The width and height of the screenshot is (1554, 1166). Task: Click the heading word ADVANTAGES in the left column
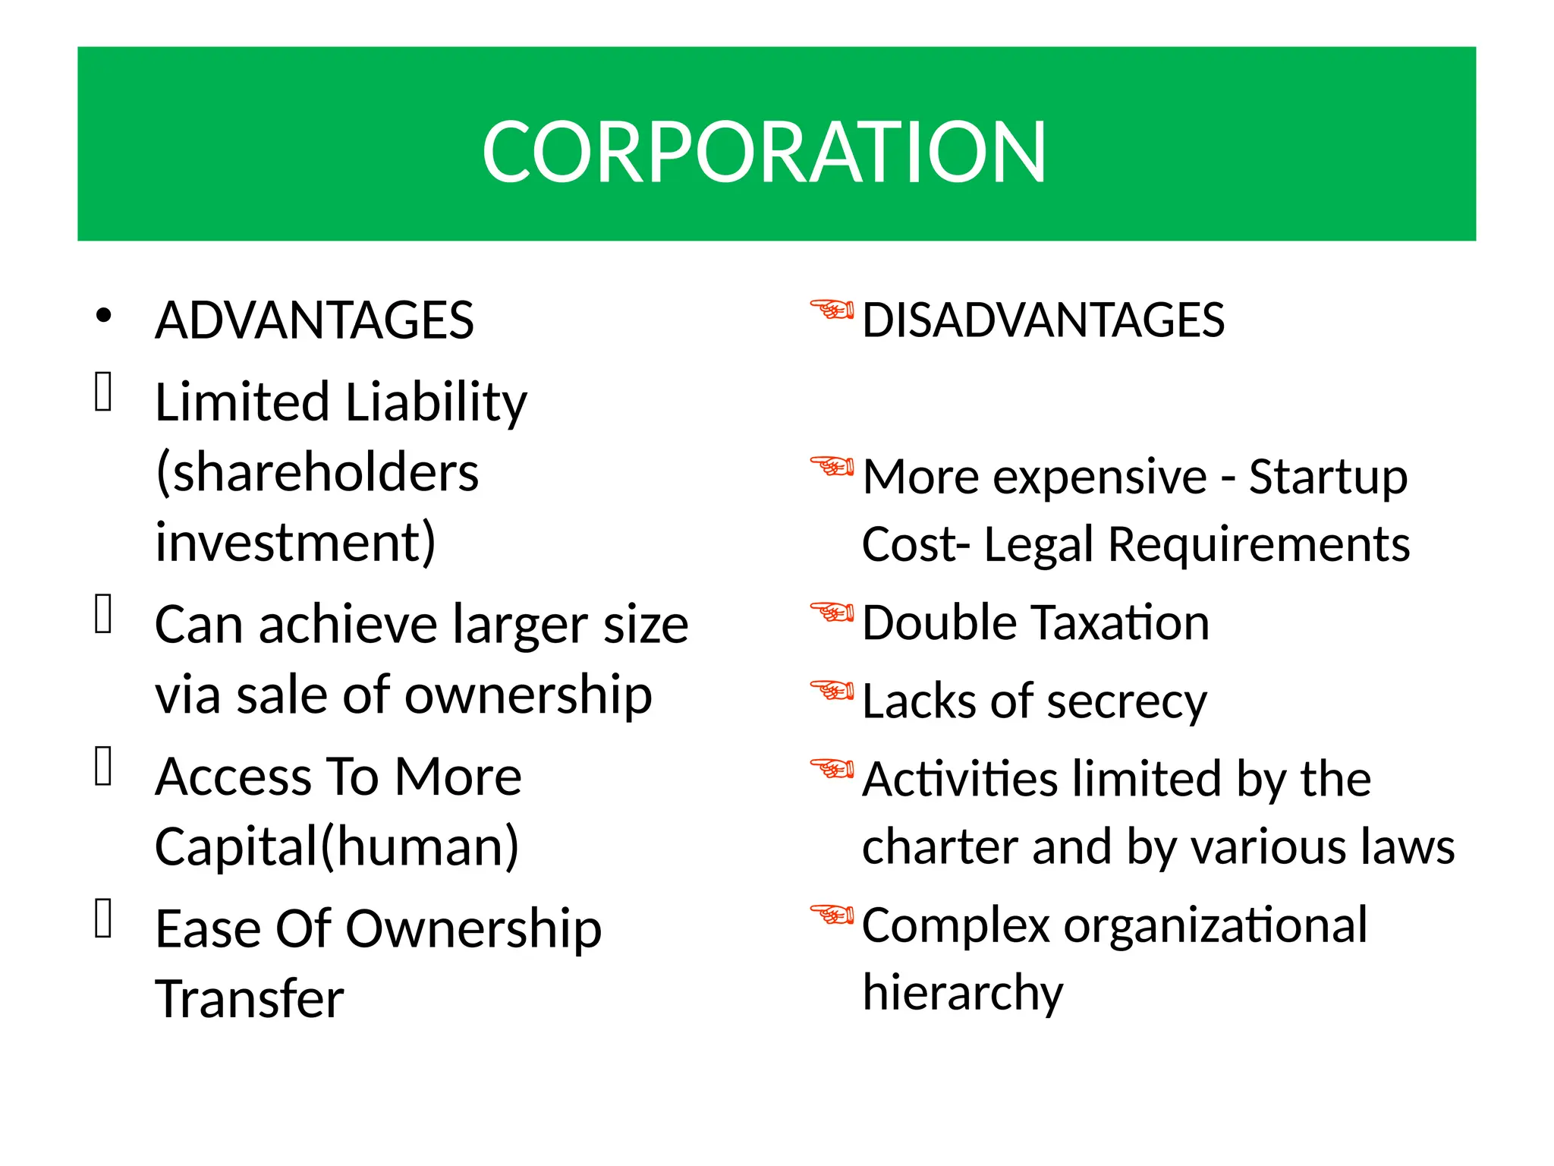click(314, 320)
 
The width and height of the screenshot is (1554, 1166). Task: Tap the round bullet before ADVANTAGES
click(104, 315)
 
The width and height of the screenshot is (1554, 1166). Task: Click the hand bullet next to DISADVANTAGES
click(832, 310)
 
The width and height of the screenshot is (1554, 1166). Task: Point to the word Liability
click(436, 402)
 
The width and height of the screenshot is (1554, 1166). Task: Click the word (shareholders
click(317, 472)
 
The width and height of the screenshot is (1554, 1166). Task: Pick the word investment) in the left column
click(296, 542)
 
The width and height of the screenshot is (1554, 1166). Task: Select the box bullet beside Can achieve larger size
click(104, 613)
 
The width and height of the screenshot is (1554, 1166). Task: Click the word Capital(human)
click(338, 846)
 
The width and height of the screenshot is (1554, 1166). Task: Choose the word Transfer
click(250, 998)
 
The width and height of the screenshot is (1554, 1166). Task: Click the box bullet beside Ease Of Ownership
click(104, 918)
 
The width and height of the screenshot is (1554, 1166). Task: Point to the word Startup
click(1328, 478)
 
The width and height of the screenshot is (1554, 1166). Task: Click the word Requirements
click(1259, 545)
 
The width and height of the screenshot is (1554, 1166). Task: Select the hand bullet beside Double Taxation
click(832, 611)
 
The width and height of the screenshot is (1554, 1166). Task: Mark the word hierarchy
click(963, 993)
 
